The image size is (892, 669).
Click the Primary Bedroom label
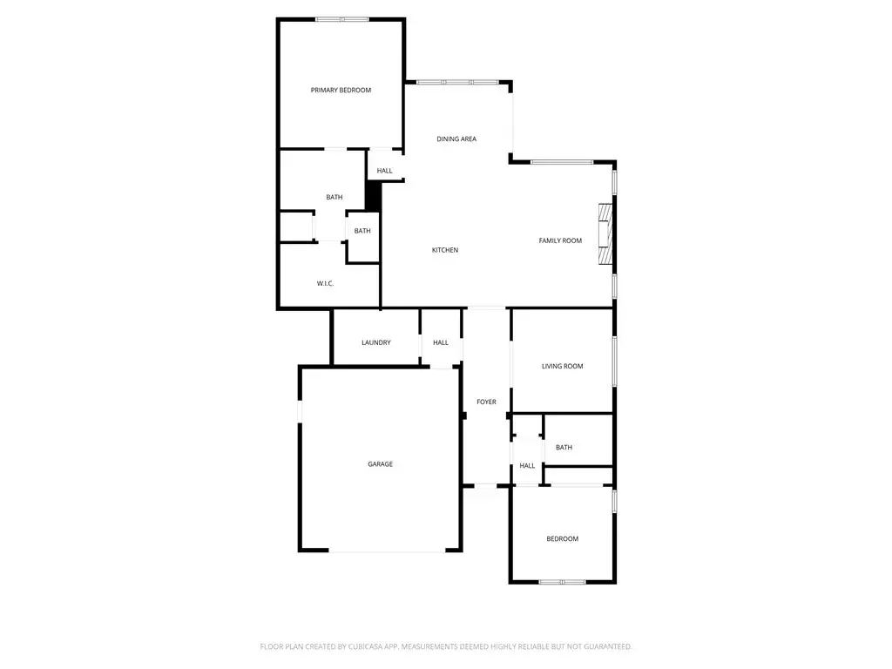(341, 90)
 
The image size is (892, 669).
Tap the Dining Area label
(456, 139)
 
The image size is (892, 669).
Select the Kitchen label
(445, 250)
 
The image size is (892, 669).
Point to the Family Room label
(560, 240)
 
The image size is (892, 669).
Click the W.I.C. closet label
(326, 283)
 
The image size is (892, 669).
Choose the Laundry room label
(376, 342)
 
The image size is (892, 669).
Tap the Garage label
(380, 464)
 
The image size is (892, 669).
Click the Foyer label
(486, 402)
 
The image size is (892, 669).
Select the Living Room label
(562, 367)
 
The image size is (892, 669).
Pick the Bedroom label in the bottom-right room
(562, 538)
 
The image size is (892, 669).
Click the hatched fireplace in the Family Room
(605, 233)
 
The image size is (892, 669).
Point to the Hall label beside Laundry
(440, 342)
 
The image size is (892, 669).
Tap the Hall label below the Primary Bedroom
(384, 171)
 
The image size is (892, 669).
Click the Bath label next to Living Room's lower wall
(564, 447)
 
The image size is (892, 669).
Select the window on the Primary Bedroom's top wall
(341, 19)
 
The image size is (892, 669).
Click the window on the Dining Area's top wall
(457, 83)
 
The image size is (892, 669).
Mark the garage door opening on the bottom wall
(387, 551)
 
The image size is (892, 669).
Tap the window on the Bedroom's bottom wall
(562, 582)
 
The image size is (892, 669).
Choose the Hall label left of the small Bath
(527, 465)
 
